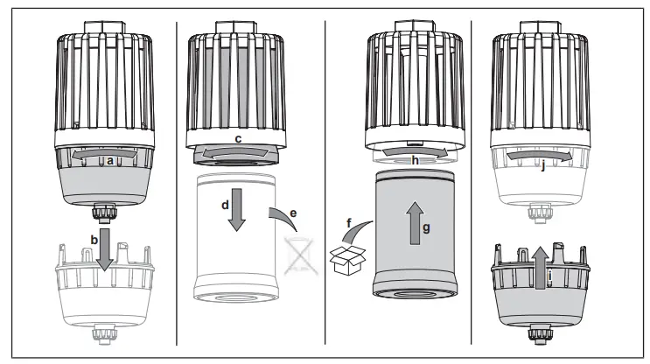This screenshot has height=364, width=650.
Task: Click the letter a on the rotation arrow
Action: click(109, 161)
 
